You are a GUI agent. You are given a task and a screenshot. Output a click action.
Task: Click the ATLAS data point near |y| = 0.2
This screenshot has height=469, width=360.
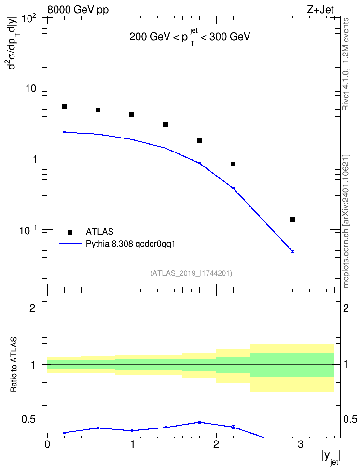click(x=64, y=106)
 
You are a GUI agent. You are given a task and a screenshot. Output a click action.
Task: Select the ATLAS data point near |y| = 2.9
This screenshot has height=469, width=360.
click(x=292, y=220)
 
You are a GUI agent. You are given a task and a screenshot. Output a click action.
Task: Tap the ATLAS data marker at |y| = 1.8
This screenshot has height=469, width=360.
click(x=199, y=141)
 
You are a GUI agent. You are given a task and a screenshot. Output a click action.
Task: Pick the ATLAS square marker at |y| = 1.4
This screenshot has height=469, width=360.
click(x=166, y=124)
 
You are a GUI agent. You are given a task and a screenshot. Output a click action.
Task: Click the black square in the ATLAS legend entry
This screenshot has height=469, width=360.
click(x=70, y=232)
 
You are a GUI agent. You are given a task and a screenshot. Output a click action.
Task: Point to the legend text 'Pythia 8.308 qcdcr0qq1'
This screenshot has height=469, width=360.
click(x=130, y=244)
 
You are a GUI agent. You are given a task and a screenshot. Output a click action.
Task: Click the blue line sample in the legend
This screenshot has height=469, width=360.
click(x=70, y=244)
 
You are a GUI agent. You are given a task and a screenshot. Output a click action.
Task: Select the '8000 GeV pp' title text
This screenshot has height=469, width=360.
click(x=78, y=10)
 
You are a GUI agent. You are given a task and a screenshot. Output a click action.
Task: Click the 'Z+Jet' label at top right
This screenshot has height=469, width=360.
click(x=320, y=10)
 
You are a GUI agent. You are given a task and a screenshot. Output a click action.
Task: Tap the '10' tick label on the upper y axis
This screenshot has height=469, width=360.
click(x=30, y=88)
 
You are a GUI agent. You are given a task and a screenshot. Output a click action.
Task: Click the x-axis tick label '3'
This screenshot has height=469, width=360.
click(x=301, y=444)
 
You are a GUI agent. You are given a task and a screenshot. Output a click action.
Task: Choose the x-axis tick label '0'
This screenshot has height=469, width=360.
click(x=47, y=444)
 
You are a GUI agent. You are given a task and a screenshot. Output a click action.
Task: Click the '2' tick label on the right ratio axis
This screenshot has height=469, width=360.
click(x=346, y=308)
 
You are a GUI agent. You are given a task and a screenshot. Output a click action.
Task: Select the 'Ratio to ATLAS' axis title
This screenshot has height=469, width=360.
click(x=14, y=365)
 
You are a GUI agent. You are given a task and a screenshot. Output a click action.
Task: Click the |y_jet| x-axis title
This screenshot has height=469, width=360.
click(x=331, y=457)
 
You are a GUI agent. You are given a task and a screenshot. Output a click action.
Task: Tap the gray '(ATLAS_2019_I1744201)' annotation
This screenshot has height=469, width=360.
click(x=191, y=273)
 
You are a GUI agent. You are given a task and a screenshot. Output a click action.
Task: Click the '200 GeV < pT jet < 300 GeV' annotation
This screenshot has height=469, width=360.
click(x=190, y=37)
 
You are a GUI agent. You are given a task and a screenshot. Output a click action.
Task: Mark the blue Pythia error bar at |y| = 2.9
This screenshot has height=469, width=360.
click(x=292, y=251)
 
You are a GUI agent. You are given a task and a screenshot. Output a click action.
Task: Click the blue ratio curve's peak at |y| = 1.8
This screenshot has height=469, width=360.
click(x=199, y=422)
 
